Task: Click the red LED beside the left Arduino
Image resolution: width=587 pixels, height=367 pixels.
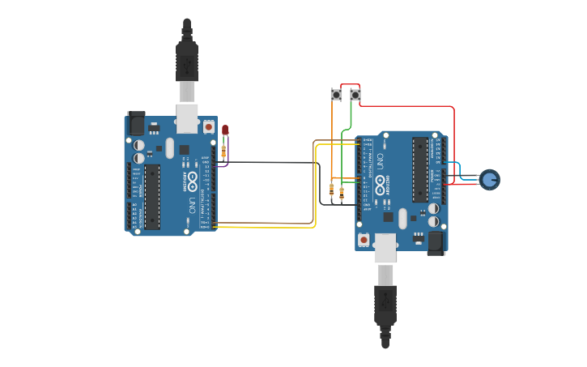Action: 225,130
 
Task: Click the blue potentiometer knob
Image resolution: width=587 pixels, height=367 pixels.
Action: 489,178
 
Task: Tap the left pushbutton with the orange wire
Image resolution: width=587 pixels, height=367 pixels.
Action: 336,95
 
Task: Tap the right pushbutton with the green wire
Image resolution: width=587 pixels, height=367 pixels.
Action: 355,95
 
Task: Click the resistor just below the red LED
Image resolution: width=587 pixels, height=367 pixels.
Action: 223,150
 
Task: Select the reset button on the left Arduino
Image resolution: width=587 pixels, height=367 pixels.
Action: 209,127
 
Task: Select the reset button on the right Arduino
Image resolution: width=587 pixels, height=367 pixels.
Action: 364,239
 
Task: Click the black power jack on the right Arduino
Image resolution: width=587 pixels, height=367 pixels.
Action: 436,241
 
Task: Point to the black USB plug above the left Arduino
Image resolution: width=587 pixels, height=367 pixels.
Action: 187,61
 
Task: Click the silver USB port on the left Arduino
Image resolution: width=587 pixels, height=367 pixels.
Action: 187,117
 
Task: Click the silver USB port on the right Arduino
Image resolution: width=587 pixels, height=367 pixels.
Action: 385,248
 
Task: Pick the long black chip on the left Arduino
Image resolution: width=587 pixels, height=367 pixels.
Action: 152,197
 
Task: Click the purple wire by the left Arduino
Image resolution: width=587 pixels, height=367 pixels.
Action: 228,154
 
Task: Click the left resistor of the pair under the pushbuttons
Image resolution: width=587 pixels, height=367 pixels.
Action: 331,191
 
